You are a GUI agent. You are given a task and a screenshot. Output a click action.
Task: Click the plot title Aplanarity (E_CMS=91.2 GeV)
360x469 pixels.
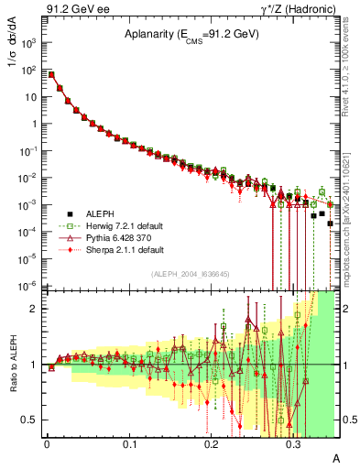point(192,34)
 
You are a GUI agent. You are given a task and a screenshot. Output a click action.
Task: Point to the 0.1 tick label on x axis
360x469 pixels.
point(129,443)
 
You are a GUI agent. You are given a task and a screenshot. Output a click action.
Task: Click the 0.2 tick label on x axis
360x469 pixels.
point(211,443)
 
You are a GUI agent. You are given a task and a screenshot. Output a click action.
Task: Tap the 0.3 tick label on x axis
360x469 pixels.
point(293,443)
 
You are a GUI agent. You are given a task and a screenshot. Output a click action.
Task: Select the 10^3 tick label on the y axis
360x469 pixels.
point(29,43)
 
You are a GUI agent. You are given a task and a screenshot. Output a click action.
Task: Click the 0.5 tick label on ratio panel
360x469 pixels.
point(30,420)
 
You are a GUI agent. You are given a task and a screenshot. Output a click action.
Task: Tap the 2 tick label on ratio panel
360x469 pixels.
point(35,309)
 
